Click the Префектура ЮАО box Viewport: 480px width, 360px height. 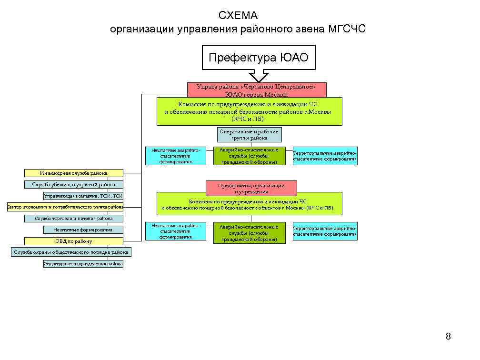pos(259,58)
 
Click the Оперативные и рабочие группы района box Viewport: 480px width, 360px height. pos(250,135)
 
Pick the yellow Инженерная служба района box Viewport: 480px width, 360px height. pos(74,173)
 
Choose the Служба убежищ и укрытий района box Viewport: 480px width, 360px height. pos(74,184)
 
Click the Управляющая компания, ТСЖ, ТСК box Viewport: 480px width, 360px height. pos(83,196)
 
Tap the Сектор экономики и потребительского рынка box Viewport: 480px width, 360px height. pos(65,207)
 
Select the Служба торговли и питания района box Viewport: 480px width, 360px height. pos(74,219)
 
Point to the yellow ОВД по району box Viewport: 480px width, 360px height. pos(74,241)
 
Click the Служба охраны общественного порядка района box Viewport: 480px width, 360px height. pos(71,252)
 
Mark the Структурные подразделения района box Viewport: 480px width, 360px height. pos(83,263)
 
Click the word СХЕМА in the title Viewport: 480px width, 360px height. pos(238,16)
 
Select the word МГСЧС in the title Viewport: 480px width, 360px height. pos(347,30)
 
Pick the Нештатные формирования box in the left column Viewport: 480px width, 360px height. pos(83,230)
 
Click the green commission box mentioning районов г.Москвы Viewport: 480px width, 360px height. pos(250,111)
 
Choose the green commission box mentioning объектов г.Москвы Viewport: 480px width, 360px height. pos(250,204)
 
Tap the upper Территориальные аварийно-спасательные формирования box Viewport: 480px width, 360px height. pos(325,156)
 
